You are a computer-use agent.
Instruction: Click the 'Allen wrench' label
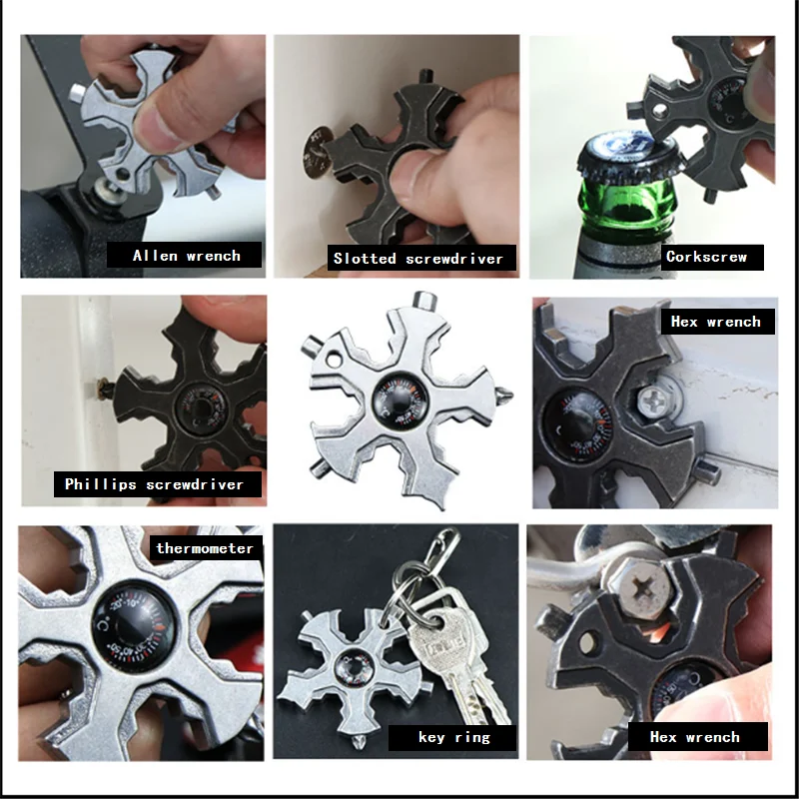click(186, 256)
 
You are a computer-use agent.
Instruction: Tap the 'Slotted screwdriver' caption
click(418, 259)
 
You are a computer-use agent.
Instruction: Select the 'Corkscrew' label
click(706, 257)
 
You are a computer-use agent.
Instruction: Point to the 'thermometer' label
click(205, 547)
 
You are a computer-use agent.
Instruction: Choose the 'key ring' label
click(453, 738)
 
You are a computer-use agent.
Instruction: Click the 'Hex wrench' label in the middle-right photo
click(716, 322)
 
